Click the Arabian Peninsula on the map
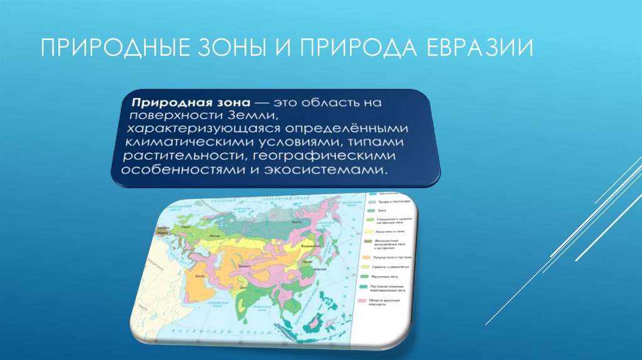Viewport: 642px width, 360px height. pos(198,285)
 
